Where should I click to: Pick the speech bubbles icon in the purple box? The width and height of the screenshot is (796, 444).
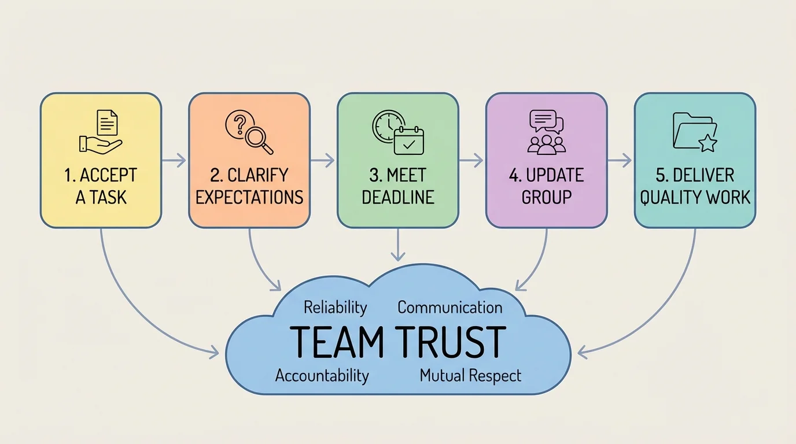pyautogui.click(x=546, y=121)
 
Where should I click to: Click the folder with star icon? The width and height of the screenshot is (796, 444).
pyautogui.click(x=695, y=132)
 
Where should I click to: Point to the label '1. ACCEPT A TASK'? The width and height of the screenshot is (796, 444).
pyautogui.click(x=101, y=186)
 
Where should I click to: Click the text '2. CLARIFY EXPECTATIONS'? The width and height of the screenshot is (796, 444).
pyautogui.click(x=249, y=186)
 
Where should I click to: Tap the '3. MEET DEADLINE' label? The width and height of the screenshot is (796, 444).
pyautogui.click(x=398, y=186)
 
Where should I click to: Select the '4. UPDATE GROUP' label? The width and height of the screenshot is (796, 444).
pyautogui.click(x=547, y=186)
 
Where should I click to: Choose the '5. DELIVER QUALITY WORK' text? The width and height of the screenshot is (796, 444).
pyautogui.click(x=695, y=186)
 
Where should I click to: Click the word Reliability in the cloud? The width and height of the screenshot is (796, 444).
pyautogui.click(x=336, y=307)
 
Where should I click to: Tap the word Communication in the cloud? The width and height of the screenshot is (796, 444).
pyautogui.click(x=450, y=307)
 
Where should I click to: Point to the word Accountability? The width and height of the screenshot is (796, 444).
pyautogui.click(x=322, y=375)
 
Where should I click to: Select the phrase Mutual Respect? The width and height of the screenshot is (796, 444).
pyautogui.click(x=470, y=375)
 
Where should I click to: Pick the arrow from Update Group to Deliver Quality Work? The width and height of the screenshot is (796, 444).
pyautogui.click(x=620, y=161)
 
